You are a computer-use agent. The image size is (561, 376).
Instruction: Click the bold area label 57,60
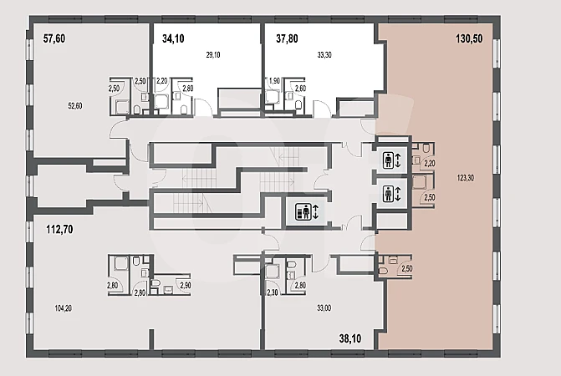(54, 38)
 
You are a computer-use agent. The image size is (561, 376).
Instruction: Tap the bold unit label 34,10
(173, 38)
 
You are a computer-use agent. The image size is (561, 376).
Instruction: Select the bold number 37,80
(287, 38)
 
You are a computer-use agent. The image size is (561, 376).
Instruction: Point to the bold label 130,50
(469, 38)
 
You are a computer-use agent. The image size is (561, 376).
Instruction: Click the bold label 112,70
(59, 229)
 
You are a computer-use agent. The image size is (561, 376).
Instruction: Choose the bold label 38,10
(350, 338)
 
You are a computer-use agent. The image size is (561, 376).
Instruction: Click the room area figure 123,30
(466, 178)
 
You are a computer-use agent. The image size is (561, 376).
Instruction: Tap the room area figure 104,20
(64, 308)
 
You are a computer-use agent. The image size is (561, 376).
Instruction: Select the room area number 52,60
(75, 106)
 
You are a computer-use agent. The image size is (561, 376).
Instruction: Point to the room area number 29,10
(213, 55)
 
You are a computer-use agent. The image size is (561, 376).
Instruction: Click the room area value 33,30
(324, 55)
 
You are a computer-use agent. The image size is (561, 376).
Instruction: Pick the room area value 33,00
(324, 308)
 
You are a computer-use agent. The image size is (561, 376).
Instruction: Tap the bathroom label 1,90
(274, 81)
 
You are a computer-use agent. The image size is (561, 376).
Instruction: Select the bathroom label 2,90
(186, 285)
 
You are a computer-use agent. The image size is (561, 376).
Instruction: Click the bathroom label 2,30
(273, 292)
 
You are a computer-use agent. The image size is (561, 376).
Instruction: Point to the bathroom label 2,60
(300, 89)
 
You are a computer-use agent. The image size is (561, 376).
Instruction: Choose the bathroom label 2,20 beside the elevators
(430, 163)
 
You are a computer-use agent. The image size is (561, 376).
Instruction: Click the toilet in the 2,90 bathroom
(156, 283)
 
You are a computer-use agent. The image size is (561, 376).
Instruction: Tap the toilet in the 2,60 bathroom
(298, 104)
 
